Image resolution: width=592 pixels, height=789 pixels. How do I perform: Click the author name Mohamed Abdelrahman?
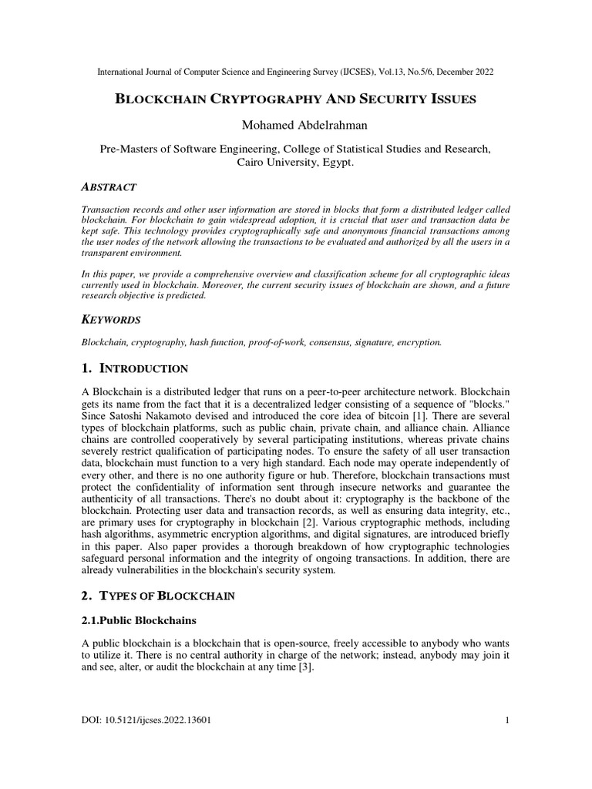click(296, 126)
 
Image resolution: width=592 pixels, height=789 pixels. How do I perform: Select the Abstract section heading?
click(109, 187)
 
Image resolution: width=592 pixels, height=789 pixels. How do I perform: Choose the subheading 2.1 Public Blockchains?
click(139, 620)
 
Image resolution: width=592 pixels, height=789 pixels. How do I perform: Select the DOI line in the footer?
click(146, 720)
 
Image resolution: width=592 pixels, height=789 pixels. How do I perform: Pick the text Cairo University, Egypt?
click(296, 163)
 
